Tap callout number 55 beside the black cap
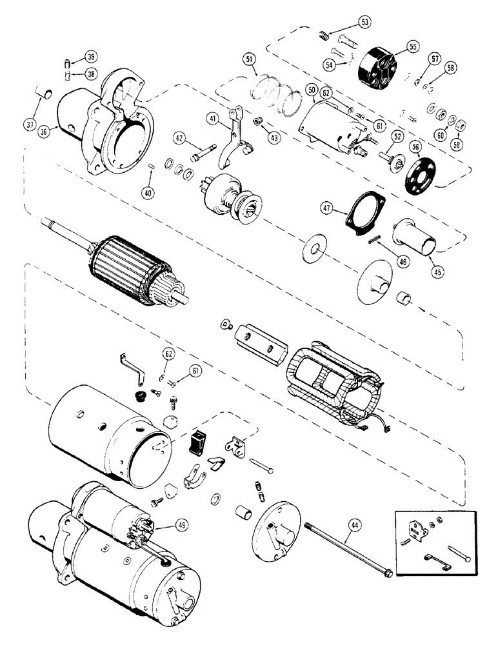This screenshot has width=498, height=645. click(x=412, y=46)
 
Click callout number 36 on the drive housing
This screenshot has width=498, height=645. click(x=44, y=132)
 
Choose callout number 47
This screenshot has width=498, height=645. click(x=328, y=208)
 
